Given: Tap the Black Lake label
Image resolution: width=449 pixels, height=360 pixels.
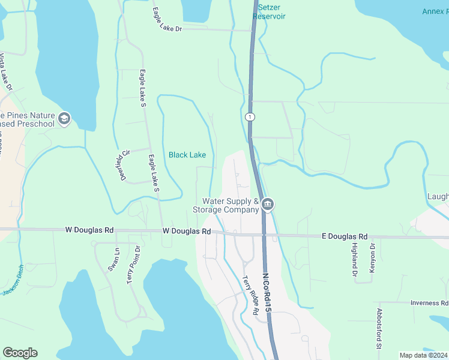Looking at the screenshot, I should tap(187, 155).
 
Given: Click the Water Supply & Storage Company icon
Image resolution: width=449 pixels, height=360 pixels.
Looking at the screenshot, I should tap(268, 205).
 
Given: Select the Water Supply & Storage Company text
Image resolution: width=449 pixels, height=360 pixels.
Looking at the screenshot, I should tap(225, 205).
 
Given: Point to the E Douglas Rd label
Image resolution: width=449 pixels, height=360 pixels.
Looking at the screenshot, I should tap(343, 237).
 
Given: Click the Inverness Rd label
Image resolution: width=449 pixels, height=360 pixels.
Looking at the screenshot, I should tap(429, 303).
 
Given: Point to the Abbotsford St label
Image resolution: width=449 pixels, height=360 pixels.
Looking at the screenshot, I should tap(379, 329).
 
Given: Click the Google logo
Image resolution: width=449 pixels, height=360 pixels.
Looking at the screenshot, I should tap(20, 352).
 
